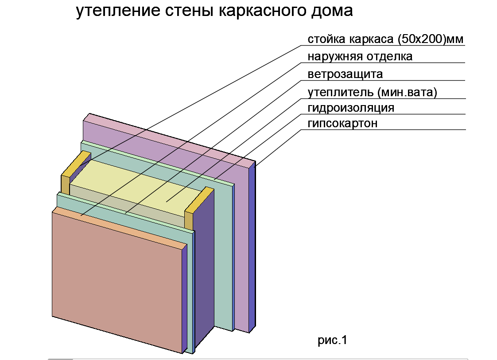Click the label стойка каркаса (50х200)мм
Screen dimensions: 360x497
[385, 39]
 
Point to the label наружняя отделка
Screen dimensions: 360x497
[360, 57]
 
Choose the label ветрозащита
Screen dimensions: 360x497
[345, 74]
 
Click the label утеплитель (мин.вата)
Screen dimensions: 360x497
[373, 93]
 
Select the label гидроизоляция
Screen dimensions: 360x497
[351, 108]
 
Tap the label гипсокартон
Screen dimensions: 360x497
[342, 123]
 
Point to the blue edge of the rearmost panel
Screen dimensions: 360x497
[252, 248]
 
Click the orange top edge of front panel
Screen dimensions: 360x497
[120, 226]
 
